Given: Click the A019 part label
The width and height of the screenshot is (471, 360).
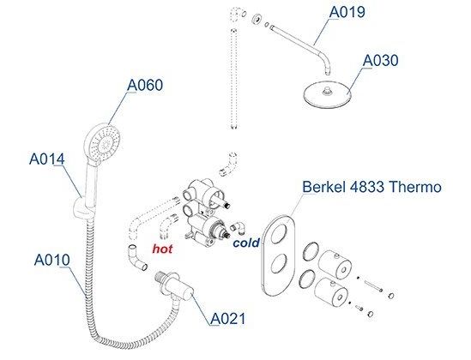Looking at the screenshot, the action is tap(347, 12).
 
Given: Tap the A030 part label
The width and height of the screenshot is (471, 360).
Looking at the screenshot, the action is tap(380, 60).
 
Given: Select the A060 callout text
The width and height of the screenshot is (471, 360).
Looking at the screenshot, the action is tap(145, 85).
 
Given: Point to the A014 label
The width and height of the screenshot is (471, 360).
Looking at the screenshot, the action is tap(47, 159).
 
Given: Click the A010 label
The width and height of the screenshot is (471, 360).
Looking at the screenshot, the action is tap(52, 260).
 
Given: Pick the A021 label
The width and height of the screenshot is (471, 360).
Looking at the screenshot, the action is tap(227, 319).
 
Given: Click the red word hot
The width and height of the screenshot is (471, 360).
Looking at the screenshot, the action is tap(162, 249).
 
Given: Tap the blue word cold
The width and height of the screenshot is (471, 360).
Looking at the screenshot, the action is tap(246, 243).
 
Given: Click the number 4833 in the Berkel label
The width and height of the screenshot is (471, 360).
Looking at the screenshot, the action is tap(367, 187).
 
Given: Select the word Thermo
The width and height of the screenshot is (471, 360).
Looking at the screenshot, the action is tap(415, 187).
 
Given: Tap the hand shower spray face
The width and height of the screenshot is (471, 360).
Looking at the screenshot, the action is tap(105, 143).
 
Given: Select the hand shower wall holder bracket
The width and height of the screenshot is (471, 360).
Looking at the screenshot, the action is tap(82, 208).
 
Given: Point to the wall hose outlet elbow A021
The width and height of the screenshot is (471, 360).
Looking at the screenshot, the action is tap(174, 285).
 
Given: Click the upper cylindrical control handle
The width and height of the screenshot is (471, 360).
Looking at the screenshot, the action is tap(335, 264).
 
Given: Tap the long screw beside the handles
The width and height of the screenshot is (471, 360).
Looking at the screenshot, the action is tap(373, 286).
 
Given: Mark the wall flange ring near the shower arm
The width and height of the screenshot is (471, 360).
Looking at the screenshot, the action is tap(257, 19).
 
